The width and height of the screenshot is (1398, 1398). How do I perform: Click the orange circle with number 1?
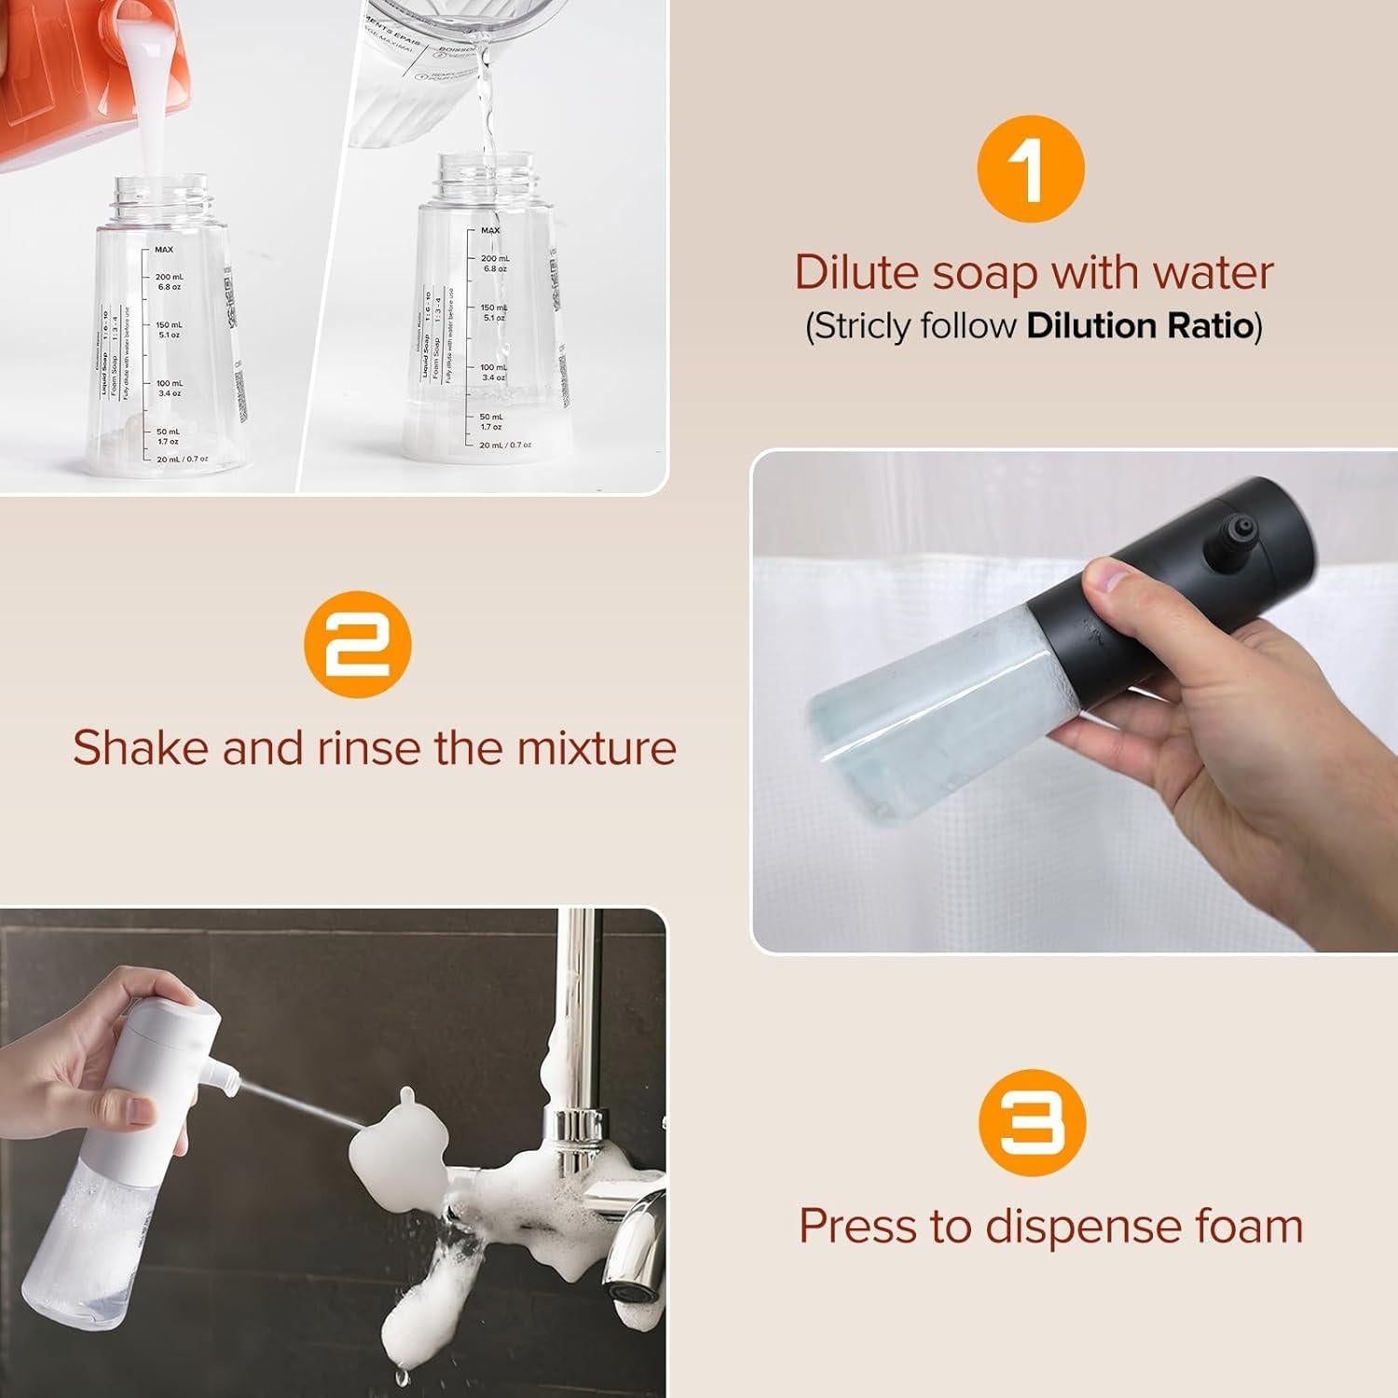coord(1031,170)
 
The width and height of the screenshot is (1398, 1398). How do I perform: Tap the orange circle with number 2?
coord(358,644)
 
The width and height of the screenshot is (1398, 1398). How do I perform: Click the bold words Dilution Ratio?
coord(1140,325)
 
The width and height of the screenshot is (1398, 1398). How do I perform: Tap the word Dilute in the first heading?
coord(857,273)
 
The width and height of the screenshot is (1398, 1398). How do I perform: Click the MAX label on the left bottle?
coord(164,249)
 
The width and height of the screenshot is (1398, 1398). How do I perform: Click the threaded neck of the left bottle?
coord(160,197)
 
